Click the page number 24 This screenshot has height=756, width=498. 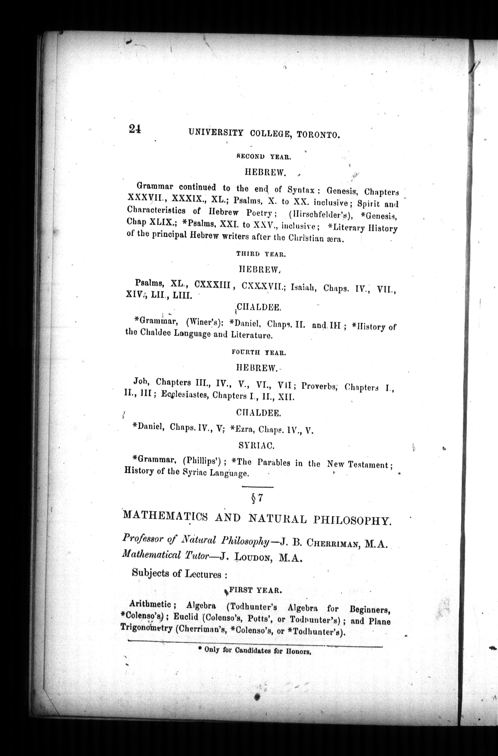tap(135, 129)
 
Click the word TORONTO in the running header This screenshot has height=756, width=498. tap(318, 135)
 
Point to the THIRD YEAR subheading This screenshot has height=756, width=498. tap(261, 254)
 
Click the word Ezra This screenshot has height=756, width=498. tap(243, 429)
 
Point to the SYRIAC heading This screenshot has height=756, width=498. tap(257, 446)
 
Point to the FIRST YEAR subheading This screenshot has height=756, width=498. tap(255, 591)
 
